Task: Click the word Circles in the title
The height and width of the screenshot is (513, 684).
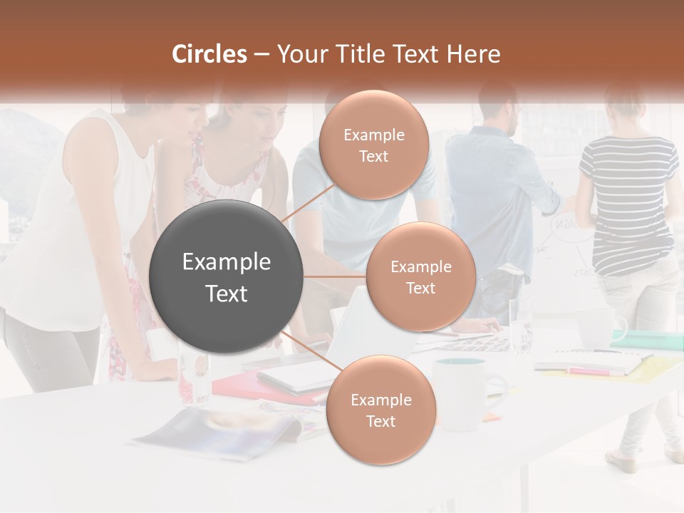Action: coord(209,54)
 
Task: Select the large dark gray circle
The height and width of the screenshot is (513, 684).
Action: coord(226,276)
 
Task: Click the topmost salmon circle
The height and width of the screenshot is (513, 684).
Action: coord(373,145)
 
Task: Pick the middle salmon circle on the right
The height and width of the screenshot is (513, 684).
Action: coord(420,276)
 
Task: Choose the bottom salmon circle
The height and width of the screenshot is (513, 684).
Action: coord(380,410)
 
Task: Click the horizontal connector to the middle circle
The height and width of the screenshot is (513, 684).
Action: coord(334,276)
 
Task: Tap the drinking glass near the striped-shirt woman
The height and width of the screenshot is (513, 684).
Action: coord(520,324)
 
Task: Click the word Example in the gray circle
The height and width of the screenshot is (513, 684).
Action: coord(226,262)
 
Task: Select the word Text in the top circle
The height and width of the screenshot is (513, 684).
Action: coord(373,156)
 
